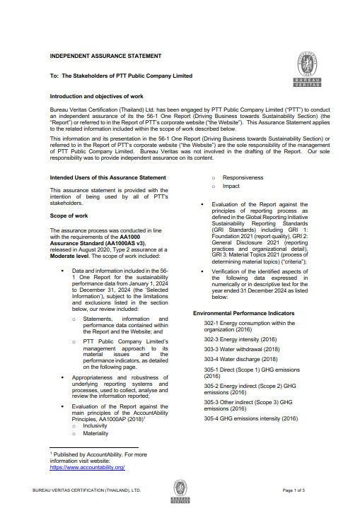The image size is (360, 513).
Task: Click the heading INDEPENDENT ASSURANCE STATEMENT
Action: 105,55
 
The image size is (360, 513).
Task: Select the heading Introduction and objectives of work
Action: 98,95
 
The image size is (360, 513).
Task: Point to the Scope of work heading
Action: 69,215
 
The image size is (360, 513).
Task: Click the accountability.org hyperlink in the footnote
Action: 87,468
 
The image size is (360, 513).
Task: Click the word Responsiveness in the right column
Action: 243,177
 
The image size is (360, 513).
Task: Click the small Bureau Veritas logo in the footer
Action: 180,490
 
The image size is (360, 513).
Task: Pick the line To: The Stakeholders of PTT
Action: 121,75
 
